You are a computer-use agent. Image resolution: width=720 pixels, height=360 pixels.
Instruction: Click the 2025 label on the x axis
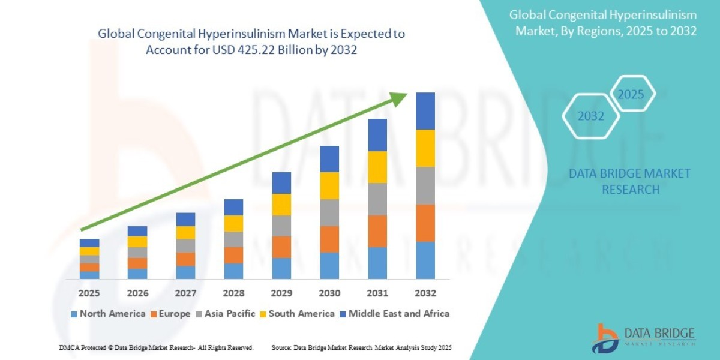click(89, 293)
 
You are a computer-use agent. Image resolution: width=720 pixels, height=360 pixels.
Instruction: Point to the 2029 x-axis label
click(281, 293)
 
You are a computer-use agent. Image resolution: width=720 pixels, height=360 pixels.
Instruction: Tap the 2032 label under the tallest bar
click(425, 293)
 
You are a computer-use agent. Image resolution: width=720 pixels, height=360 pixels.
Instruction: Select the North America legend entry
click(108, 314)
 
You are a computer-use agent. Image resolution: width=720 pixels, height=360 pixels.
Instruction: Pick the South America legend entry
click(297, 314)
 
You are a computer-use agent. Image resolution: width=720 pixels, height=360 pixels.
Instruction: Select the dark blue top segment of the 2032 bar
click(425, 111)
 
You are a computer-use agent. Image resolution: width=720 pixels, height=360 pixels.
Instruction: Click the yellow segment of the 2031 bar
click(377, 167)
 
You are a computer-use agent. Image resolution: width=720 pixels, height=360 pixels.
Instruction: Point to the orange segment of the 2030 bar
click(329, 239)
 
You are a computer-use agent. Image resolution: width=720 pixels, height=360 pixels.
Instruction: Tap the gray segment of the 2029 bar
click(281, 226)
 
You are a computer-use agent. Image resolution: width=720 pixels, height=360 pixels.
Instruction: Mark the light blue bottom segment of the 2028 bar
click(233, 271)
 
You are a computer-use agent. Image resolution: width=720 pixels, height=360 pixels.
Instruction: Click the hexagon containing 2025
click(631, 94)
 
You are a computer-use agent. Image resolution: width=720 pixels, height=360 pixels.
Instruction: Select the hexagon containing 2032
click(591, 116)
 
